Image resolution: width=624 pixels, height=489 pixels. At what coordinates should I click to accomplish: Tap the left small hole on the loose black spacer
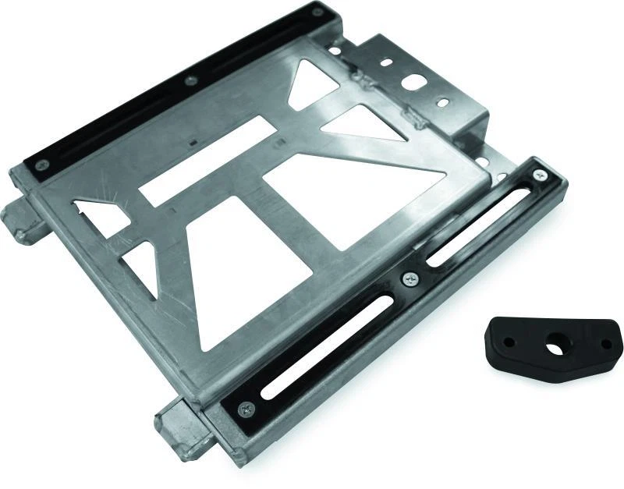click(x=508, y=342)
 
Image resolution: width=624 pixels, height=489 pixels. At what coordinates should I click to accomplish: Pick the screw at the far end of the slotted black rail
click(x=540, y=176)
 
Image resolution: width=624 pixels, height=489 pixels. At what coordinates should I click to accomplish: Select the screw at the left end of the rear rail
click(x=43, y=164)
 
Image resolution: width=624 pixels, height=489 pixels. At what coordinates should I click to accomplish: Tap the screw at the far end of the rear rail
click(x=317, y=12)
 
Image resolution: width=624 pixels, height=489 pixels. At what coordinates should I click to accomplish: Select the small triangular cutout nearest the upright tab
click(x=316, y=86)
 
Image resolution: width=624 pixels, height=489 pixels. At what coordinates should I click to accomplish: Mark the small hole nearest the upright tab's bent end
click(x=441, y=102)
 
